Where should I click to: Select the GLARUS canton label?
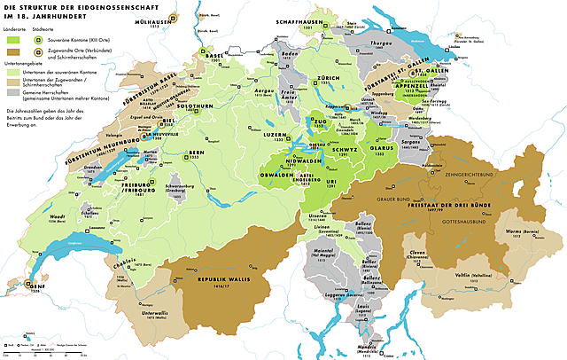380,151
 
